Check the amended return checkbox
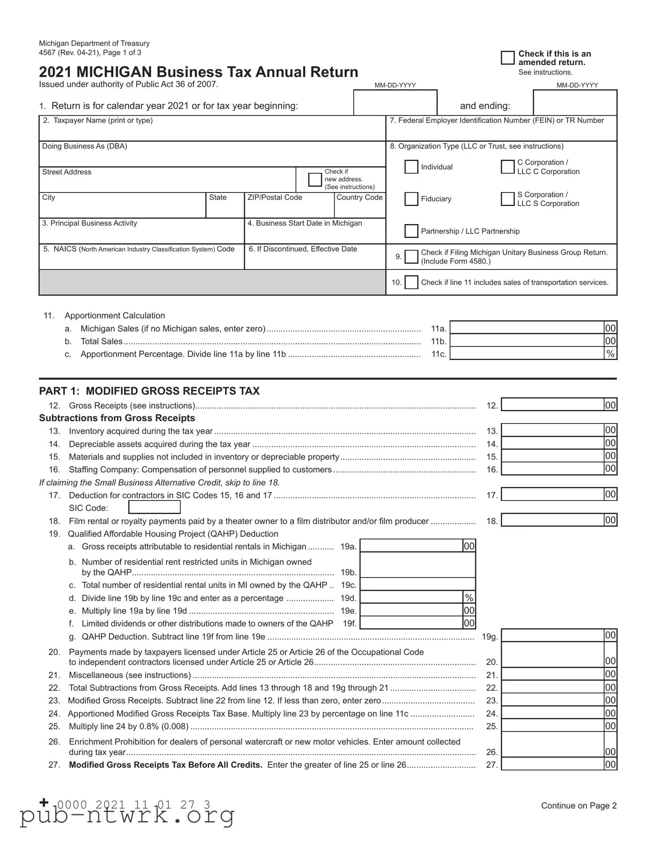507,58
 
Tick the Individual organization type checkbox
411,167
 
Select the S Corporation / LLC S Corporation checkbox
507,199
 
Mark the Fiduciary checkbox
411,199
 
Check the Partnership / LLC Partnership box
411,231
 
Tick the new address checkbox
315,180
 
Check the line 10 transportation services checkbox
411,282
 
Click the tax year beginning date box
395,103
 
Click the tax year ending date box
575,103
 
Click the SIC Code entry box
154,507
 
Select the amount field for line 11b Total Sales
526,341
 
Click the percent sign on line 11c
610,354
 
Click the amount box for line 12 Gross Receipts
552,405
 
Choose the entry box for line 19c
418,585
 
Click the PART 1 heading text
149,391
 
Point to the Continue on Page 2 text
579,806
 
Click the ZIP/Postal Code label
275,197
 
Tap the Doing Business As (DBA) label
84,146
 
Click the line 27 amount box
552,765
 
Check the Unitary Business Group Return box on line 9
411,257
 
